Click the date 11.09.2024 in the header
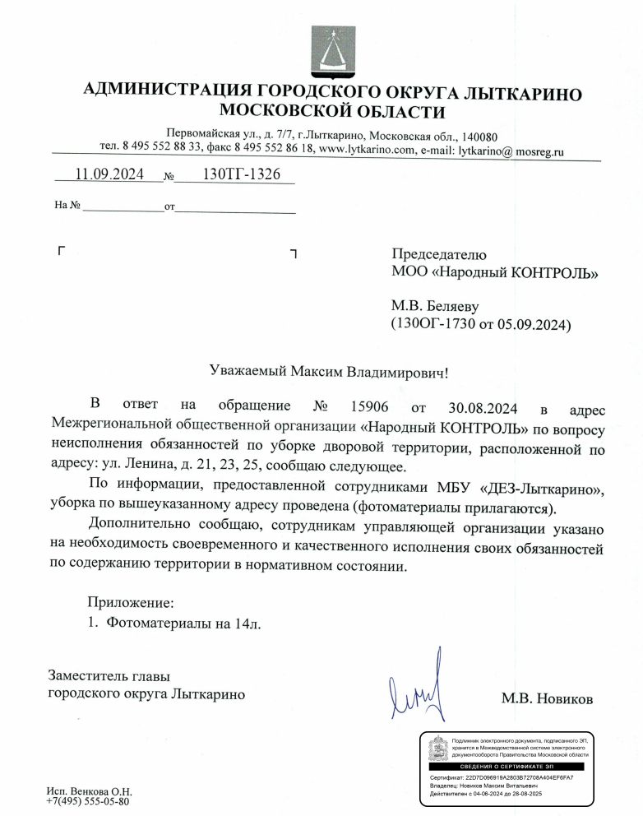(109, 175)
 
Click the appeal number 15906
(370, 407)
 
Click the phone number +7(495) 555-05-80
(89, 801)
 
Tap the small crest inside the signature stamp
(439, 747)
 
